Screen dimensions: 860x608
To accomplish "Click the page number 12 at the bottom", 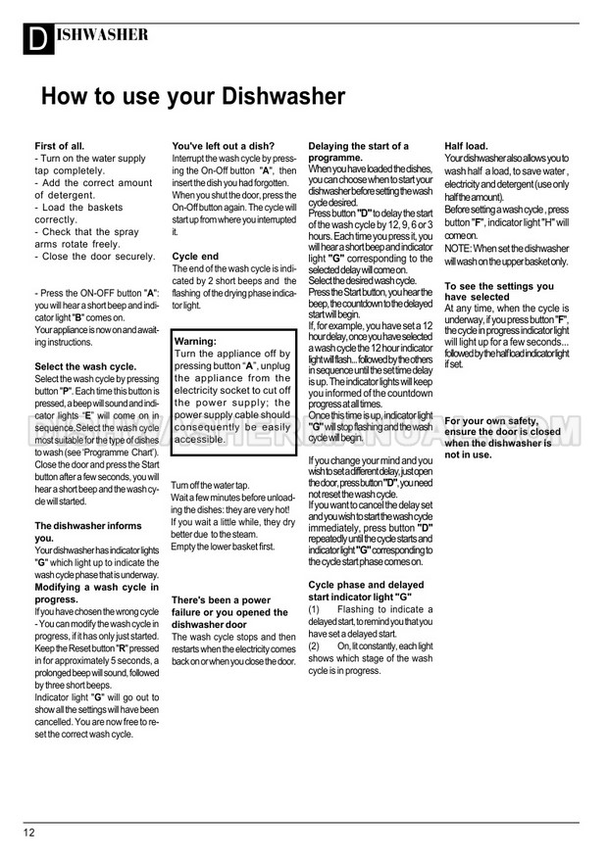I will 29,833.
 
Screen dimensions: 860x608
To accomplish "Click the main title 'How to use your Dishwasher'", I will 192,97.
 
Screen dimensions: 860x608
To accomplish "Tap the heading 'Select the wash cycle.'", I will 85,366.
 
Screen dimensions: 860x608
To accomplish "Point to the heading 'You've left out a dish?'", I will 224,146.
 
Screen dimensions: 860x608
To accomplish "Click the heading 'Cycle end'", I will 195,256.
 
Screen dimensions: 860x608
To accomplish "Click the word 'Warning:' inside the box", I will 195,341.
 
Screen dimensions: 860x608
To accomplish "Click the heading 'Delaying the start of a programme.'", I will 358,152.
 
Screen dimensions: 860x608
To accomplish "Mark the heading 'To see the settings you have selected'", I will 499,291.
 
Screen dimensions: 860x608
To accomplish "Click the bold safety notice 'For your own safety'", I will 502,438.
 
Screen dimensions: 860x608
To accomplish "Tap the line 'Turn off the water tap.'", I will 211,485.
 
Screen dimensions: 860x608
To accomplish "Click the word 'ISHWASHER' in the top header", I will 102,34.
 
